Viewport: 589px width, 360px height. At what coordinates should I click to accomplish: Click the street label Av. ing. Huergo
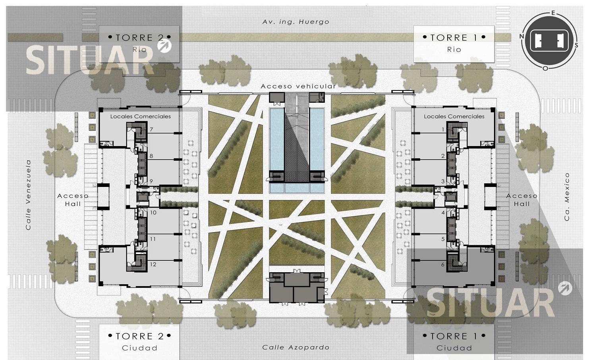point(296,22)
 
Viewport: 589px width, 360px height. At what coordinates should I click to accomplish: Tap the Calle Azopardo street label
point(296,347)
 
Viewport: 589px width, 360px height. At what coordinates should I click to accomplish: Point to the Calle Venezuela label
point(29,195)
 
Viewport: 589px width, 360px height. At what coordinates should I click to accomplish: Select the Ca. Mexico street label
point(567,197)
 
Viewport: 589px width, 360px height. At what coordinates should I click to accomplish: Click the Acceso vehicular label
point(298,86)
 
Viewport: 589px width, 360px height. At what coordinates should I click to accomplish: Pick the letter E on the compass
point(553,13)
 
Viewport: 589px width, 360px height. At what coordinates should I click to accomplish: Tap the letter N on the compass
point(522,36)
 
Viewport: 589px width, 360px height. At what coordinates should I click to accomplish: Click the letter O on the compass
point(545,68)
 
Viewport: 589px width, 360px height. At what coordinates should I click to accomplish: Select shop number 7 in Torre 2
point(151,129)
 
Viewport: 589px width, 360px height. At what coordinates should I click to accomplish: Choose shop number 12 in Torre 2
point(153,264)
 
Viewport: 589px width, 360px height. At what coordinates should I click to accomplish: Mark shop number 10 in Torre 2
point(153,212)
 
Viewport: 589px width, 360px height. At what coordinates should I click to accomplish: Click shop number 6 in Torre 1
point(443,264)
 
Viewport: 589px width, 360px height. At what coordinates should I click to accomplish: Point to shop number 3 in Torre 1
point(443,181)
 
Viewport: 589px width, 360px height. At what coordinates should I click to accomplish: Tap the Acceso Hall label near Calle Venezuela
point(73,200)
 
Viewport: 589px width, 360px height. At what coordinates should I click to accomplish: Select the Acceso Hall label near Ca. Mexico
point(522,200)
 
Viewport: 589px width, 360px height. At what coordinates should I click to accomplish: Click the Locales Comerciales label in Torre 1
point(454,116)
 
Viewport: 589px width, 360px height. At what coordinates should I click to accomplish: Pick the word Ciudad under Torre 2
point(140,348)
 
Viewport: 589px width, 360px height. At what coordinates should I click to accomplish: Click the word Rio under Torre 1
point(454,49)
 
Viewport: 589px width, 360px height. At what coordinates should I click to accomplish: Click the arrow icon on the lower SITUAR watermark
point(565,288)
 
